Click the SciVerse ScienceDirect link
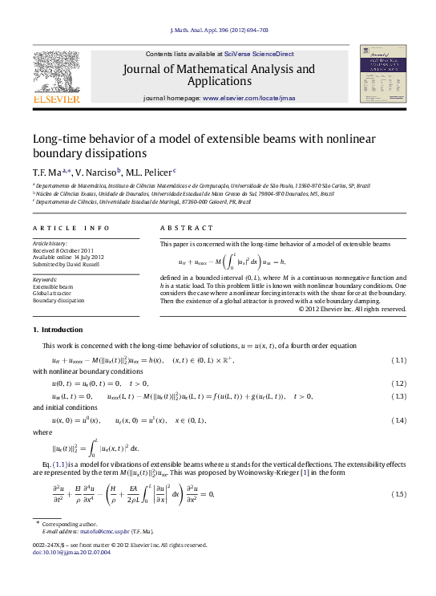pyautogui.click(x=259, y=54)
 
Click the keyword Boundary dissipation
pyautogui.click(x=58, y=301)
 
